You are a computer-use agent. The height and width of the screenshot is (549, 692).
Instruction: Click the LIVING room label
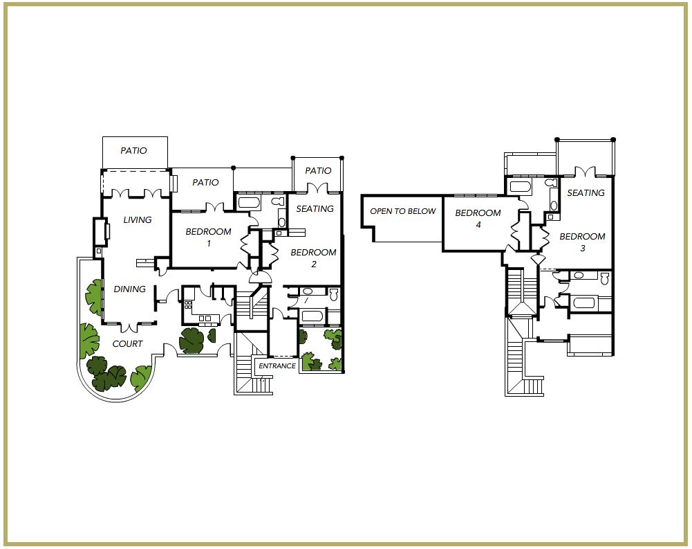click(x=138, y=219)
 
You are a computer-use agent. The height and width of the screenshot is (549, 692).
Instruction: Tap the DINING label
click(x=129, y=289)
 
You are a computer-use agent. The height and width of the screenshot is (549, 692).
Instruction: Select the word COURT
click(x=127, y=344)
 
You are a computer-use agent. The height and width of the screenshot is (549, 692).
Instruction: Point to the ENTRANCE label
click(x=277, y=366)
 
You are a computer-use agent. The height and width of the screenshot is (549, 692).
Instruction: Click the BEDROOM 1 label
click(x=208, y=237)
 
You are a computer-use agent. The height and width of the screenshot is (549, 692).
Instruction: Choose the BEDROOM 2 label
click(x=313, y=258)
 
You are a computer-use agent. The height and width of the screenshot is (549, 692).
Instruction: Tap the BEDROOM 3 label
click(x=582, y=242)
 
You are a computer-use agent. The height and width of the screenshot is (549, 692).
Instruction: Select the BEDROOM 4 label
click(x=478, y=218)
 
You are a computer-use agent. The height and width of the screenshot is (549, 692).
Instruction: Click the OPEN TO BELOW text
click(x=403, y=211)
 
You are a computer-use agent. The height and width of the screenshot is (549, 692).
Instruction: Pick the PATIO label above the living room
click(x=133, y=151)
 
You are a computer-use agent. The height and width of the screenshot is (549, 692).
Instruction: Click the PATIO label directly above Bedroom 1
click(x=205, y=183)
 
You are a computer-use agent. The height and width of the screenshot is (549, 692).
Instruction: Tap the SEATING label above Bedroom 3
click(x=586, y=193)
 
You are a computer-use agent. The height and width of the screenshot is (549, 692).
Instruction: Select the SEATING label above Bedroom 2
click(x=315, y=208)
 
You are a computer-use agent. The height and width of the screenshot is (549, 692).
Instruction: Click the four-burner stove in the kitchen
click(x=188, y=305)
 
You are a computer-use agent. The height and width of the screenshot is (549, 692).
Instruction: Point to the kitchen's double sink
click(x=205, y=318)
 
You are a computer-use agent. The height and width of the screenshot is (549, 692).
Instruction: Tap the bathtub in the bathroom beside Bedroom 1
click(x=249, y=203)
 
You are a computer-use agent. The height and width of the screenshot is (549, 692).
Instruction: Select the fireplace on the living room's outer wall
click(x=100, y=232)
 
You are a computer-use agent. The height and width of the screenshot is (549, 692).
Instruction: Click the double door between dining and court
click(x=129, y=327)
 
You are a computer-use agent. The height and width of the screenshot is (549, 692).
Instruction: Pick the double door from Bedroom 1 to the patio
click(x=216, y=207)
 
